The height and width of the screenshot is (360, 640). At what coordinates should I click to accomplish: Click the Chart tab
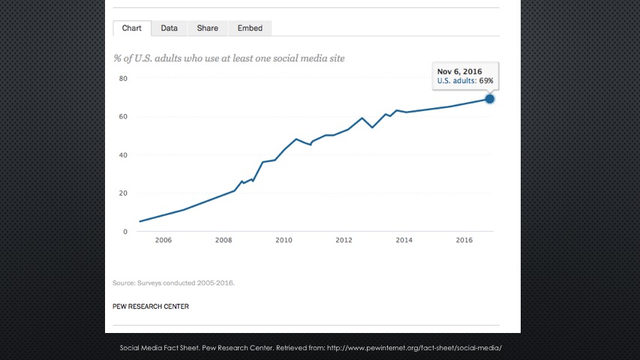[x=132, y=28]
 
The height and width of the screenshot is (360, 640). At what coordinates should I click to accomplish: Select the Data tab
[x=169, y=28]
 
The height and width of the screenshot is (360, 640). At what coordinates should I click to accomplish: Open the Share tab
[x=207, y=28]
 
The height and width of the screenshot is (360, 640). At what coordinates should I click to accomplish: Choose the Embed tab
[x=250, y=28]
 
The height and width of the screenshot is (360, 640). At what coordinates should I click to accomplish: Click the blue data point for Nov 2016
[x=490, y=98]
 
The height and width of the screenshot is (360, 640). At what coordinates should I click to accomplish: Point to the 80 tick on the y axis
[x=123, y=78]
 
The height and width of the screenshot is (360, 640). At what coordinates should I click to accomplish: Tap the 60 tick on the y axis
[x=123, y=116]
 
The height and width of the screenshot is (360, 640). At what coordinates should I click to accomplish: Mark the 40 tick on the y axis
[x=123, y=154]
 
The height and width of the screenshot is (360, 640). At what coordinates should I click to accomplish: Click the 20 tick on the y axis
[x=123, y=193]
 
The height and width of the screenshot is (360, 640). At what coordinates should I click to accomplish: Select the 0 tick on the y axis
[x=125, y=231]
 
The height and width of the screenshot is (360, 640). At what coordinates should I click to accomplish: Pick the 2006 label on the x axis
[x=163, y=240]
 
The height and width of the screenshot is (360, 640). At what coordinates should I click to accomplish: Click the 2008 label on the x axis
[x=223, y=240]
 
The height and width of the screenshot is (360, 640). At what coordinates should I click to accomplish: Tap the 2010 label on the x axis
[x=284, y=240]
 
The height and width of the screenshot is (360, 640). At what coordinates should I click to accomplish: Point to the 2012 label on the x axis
[x=344, y=240]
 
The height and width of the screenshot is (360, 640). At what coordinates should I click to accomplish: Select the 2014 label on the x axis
[x=404, y=240]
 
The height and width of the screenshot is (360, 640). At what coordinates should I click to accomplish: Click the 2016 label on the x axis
[x=464, y=240]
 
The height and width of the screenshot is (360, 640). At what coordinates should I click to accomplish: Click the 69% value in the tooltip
[x=485, y=81]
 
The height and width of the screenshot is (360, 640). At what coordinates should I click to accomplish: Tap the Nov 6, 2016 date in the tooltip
[x=459, y=71]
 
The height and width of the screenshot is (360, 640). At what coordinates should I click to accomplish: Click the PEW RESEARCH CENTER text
[x=151, y=306]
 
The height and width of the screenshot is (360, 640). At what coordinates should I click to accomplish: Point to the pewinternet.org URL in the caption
[x=414, y=348]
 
